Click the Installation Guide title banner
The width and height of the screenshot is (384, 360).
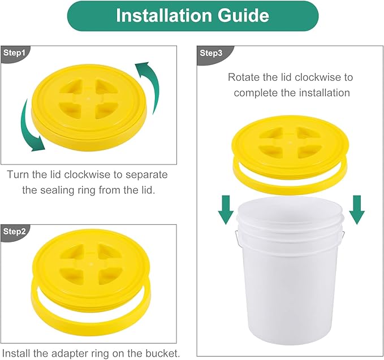pyautogui.click(x=192, y=16)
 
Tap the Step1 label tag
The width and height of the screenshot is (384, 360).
pyautogui.click(x=15, y=53)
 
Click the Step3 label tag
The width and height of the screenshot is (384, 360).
pyautogui.click(x=211, y=53)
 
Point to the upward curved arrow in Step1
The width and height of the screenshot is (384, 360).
pyautogui.click(x=148, y=85)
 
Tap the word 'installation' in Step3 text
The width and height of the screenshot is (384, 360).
pyautogui.click(x=323, y=92)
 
